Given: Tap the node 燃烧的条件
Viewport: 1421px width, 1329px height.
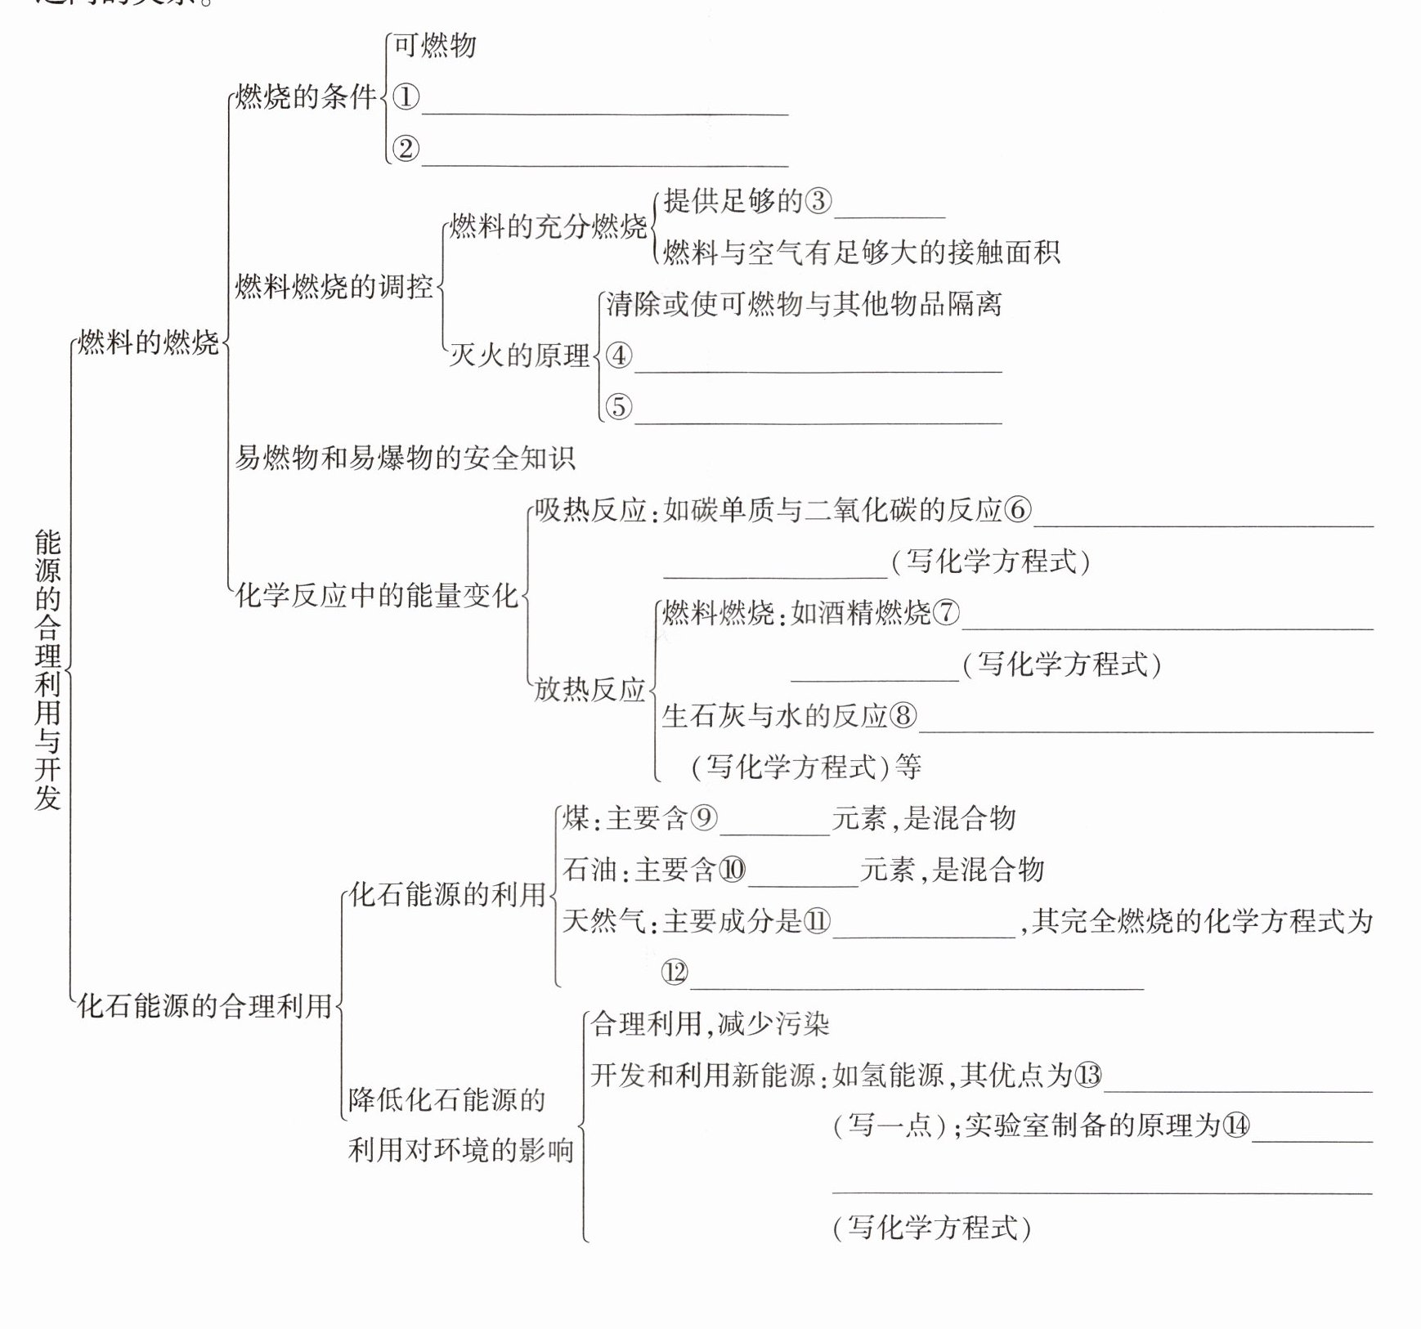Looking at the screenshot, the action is click(x=306, y=97).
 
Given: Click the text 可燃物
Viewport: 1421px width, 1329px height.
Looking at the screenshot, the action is click(x=435, y=45).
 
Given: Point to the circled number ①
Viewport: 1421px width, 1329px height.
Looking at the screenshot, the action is click(x=406, y=98).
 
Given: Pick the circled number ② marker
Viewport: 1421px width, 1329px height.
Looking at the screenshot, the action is click(x=406, y=149).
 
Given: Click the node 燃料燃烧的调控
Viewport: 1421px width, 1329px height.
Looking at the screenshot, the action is click(x=334, y=287).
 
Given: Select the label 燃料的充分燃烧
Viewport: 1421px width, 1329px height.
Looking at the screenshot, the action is click(x=548, y=226).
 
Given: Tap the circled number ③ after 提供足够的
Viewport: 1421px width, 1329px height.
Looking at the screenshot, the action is click(x=818, y=201).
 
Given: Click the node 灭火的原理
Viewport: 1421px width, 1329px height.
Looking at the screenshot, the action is click(x=520, y=356).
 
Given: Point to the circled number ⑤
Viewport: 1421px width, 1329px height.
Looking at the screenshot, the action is click(x=619, y=406).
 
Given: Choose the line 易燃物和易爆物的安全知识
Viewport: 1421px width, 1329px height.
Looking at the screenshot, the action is click(x=406, y=458).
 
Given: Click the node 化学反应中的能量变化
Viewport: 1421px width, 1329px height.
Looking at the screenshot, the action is click(x=377, y=595).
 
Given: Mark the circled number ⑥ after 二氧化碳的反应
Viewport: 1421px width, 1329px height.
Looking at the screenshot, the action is click(x=1018, y=510).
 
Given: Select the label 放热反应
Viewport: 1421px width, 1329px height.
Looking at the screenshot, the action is click(x=589, y=689).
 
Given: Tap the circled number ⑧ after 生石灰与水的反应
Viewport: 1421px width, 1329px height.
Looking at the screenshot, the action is click(x=903, y=716).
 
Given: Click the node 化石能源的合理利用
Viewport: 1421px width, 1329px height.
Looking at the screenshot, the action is click(x=204, y=1005).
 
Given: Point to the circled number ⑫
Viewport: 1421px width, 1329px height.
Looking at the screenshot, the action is click(x=675, y=973).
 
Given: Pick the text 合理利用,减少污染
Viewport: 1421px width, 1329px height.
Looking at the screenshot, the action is click(x=710, y=1024).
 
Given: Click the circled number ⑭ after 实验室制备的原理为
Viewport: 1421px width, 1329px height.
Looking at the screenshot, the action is click(x=1235, y=1126).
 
